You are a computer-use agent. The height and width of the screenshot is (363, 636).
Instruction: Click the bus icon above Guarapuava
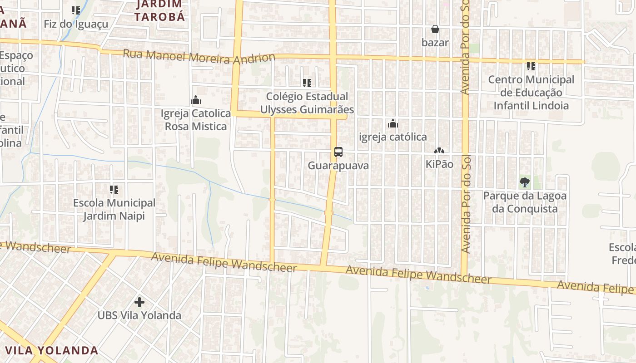click(338, 152)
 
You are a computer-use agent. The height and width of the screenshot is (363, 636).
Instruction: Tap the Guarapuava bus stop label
click(338, 166)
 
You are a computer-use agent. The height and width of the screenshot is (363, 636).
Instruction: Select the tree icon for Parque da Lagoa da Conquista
click(525, 182)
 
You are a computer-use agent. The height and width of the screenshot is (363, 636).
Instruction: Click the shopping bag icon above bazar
click(435, 29)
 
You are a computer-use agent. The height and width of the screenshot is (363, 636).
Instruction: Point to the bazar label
click(435, 43)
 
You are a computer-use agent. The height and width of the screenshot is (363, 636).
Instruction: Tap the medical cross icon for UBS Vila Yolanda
click(139, 302)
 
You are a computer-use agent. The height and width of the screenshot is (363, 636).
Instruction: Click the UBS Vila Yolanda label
click(139, 315)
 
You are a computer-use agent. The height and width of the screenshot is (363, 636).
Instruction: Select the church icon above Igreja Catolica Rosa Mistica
click(196, 100)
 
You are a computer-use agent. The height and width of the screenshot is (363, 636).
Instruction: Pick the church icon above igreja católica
click(393, 123)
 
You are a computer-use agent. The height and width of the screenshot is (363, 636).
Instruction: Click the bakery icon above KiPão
click(439, 151)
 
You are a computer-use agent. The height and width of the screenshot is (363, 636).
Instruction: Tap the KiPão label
click(439, 164)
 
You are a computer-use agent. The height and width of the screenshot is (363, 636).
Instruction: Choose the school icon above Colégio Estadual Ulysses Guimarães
click(307, 83)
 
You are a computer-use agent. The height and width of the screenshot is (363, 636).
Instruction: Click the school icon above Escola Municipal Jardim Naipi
click(114, 189)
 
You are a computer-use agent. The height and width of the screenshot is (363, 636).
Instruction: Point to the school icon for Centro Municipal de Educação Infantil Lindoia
click(531, 66)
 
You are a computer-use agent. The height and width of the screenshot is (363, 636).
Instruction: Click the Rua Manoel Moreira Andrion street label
click(199, 57)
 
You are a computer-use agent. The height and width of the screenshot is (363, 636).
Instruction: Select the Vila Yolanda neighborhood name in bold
click(52, 350)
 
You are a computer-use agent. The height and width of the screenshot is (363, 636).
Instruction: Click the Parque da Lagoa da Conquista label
click(525, 202)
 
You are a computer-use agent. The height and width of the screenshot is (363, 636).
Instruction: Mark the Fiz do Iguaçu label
click(76, 24)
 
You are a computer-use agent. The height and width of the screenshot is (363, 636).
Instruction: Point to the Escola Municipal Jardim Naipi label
click(114, 209)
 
